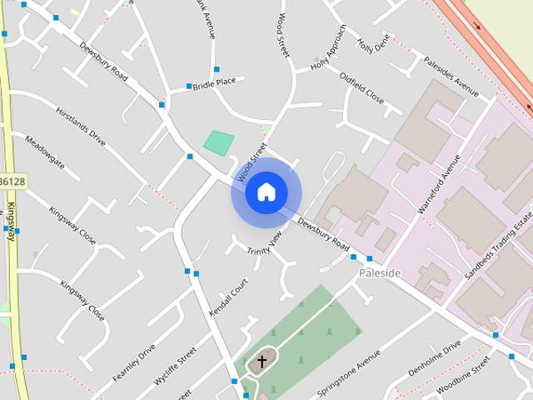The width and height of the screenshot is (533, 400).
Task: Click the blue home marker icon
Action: click(266, 192)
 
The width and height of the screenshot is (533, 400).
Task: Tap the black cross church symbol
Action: click(262, 362)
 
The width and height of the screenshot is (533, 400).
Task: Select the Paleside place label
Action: click(380, 273)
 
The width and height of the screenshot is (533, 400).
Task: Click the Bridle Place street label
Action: click(215, 82)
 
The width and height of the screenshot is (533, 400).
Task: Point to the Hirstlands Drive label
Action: click(81, 127)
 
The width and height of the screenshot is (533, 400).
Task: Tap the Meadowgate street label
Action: click(45, 153)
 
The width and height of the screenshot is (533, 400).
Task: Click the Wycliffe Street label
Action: click(175, 367)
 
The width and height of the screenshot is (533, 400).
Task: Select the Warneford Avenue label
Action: click(439, 184)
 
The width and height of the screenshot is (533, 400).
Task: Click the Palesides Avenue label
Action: click(451, 77)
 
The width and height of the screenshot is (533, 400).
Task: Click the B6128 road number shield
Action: click(12, 181)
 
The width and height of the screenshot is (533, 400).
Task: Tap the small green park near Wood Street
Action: click(219, 142)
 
